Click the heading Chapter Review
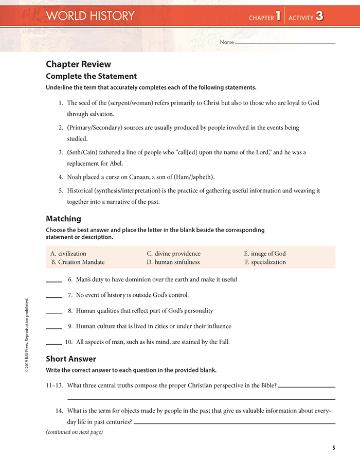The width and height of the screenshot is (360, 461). [x=78, y=64]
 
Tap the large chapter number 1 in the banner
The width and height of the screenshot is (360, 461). [x=278, y=16]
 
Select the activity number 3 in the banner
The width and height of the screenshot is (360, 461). [x=319, y=16]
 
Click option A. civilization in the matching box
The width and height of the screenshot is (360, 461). [x=68, y=254]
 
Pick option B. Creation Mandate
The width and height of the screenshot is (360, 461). [x=78, y=262]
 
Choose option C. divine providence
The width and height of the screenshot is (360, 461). [x=173, y=254]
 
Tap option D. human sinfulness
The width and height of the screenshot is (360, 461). [x=173, y=262]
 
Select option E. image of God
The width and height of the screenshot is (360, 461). [x=265, y=254]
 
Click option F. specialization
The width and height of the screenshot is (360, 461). [x=265, y=262]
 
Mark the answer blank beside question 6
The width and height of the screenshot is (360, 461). [x=54, y=281]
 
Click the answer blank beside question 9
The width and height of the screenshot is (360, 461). [x=54, y=327]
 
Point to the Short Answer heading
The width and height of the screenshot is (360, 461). [x=71, y=359]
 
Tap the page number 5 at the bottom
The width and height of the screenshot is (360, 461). [x=334, y=447]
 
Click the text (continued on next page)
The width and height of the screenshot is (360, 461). [x=74, y=432]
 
